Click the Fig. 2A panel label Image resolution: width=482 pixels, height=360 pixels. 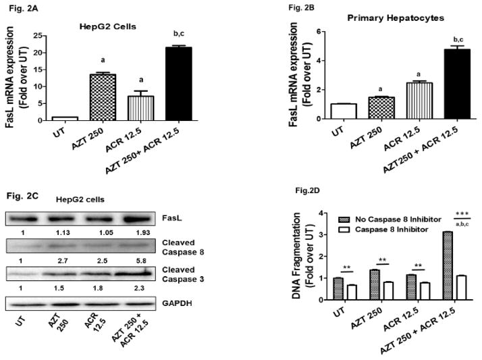click(x=16, y=5)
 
